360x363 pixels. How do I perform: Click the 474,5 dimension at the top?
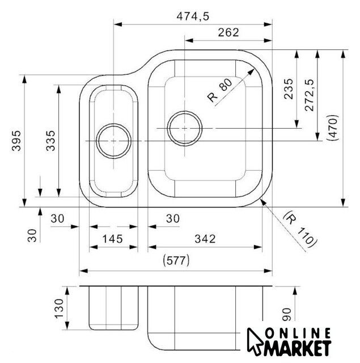click(x=193, y=16)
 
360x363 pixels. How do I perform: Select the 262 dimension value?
click(x=228, y=32)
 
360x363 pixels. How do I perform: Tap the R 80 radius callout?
click(x=219, y=91)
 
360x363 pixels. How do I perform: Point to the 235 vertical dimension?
click(x=288, y=89)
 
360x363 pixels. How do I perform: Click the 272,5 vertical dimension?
click(x=309, y=95)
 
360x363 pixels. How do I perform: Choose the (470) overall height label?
click(x=332, y=128)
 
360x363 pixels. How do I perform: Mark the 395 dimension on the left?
click(x=16, y=141)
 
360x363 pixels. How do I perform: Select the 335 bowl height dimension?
click(x=50, y=141)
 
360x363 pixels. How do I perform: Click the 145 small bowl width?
click(x=112, y=239)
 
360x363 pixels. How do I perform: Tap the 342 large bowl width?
click(x=205, y=239)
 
